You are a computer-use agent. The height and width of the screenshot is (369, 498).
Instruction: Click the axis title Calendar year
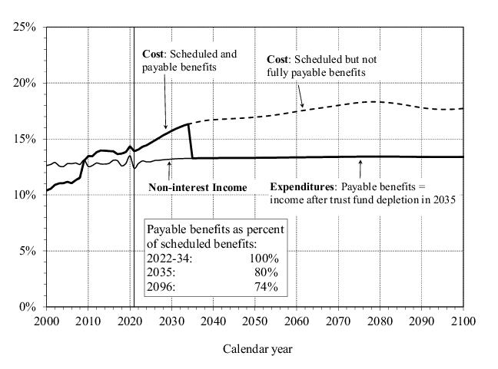257,349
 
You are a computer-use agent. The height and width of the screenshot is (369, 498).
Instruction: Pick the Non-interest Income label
198,187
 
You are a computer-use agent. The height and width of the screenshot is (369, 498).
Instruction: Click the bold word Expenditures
303,186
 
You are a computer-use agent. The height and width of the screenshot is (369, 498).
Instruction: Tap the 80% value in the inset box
267,272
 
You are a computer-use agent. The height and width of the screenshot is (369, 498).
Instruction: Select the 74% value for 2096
267,287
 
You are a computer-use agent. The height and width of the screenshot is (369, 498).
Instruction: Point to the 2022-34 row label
169,259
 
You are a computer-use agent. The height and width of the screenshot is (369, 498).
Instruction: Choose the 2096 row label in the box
161,287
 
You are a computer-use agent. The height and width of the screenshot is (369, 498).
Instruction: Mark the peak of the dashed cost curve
373,101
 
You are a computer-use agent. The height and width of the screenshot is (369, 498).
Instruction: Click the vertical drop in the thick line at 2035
191,142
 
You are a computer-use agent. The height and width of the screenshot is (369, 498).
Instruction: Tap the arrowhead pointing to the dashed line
302,106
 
